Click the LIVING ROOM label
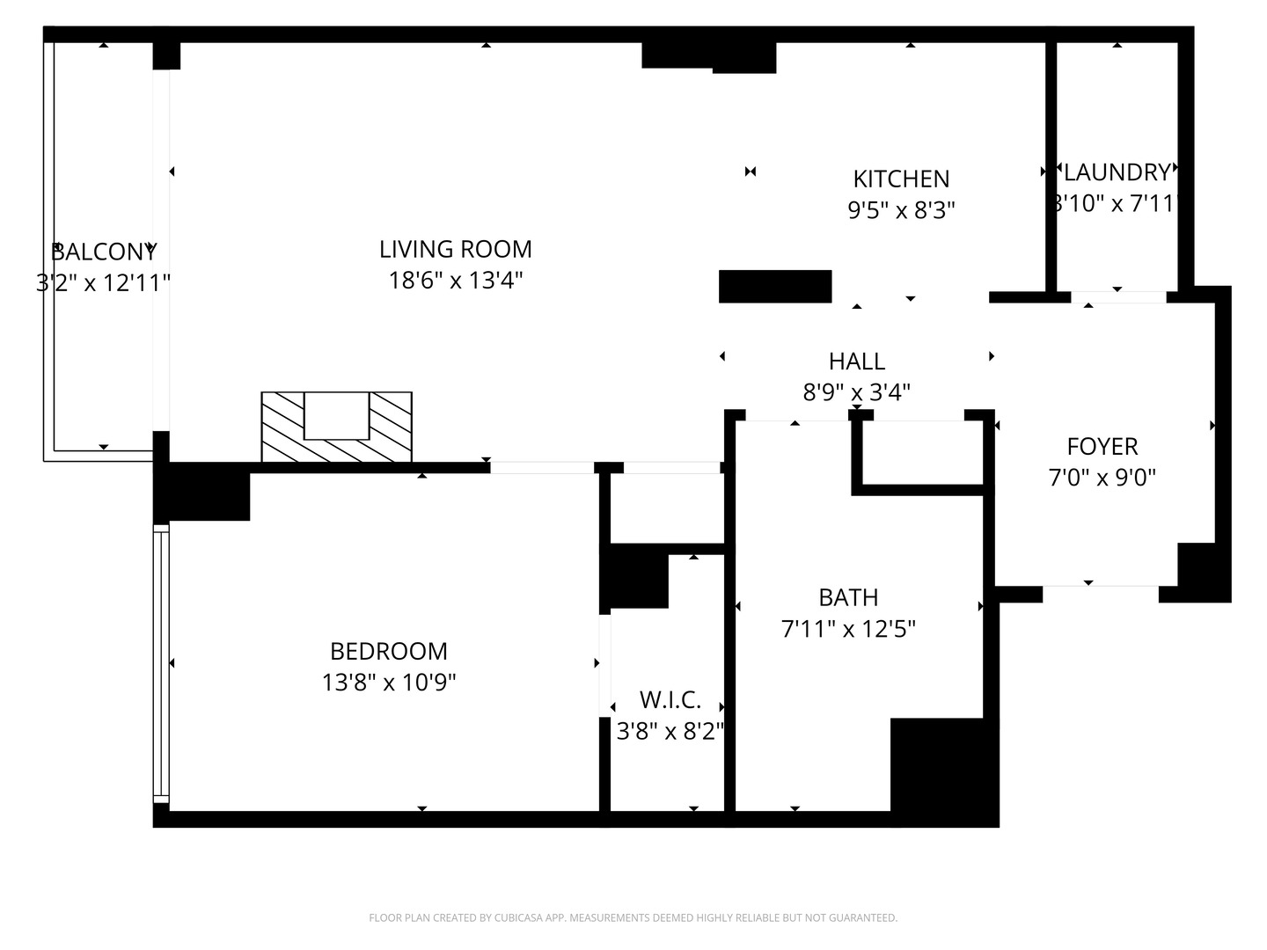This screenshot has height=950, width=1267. click(x=455, y=249)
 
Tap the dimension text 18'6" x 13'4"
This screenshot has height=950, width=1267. click(x=455, y=281)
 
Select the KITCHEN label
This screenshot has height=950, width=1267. click(x=901, y=179)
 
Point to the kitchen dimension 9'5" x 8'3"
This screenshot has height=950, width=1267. click(x=901, y=210)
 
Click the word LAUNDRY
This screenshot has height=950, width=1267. click(x=1117, y=172)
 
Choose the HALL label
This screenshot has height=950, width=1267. click(x=856, y=361)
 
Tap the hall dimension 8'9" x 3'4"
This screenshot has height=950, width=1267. click(x=856, y=391)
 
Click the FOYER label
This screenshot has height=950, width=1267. click(x=1102, y=446)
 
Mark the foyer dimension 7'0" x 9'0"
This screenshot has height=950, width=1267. click(x=1102, y=478)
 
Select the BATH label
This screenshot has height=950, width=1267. click(x=848, y=597)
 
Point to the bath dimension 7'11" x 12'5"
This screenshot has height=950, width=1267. click(x=848, y=629)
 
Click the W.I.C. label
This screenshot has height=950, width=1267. click(x=670, y=700)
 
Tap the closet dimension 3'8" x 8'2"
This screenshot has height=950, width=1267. click(x=670, y=731)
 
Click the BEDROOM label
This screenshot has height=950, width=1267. click(x=388, y=651)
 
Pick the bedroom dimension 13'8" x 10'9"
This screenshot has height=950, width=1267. click(x=388, y=682)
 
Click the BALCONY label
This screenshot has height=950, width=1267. click(x=103, y=252)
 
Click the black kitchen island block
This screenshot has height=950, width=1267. click(x=775, y=287)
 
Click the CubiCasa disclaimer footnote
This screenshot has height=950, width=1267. click(x=633, y=917)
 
